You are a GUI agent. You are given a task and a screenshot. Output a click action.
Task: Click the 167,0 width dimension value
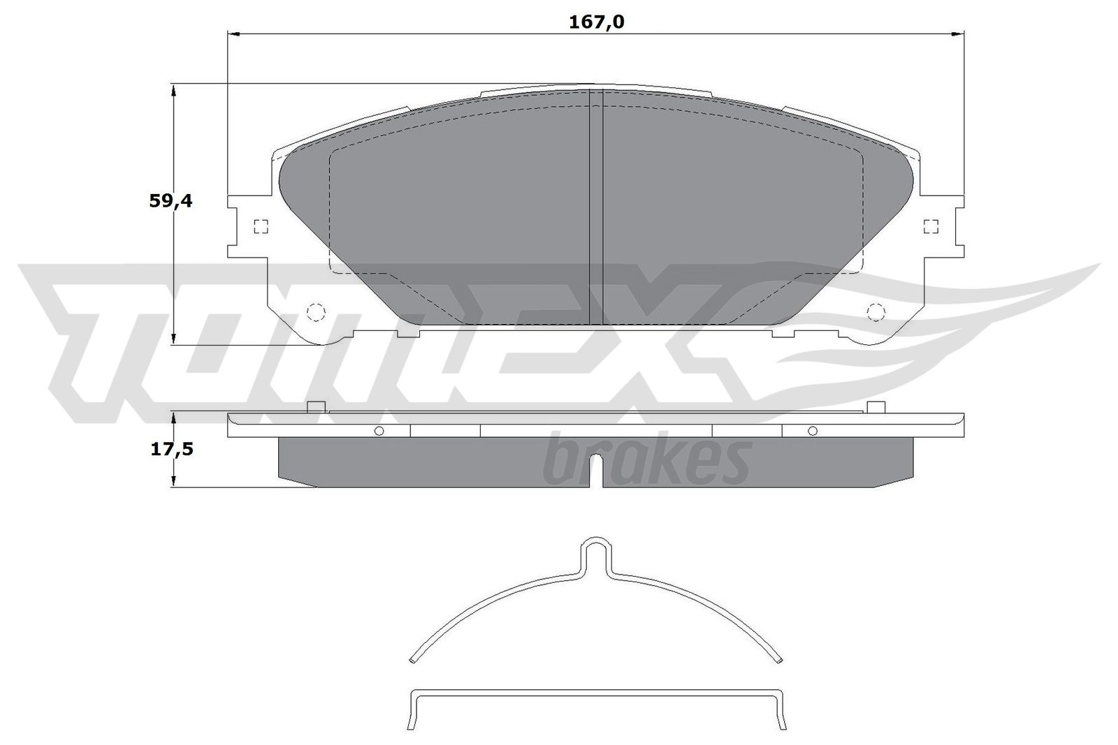pos(595,22)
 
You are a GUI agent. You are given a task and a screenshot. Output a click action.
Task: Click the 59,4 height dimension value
pos(170,201)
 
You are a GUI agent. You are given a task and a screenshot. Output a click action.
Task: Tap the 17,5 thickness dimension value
pos(172,448)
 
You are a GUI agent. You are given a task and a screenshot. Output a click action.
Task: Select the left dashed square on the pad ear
pos(261,226)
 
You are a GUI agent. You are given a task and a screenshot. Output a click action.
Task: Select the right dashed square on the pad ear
pos(930,226)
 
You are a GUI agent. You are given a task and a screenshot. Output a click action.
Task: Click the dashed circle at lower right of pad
pos(875,311)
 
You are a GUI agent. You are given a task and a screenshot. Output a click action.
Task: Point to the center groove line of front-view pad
pos(596,209)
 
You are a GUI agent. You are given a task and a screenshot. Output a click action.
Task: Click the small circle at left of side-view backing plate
pos(379,431)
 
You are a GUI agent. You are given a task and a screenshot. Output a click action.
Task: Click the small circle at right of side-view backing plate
pos(812,431)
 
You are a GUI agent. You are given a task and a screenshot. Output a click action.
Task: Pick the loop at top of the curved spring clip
pos(595,547)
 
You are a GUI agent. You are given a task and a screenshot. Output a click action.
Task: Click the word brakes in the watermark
pos(646,461)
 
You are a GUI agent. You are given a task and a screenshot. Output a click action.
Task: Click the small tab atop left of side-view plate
pos(317,407)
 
